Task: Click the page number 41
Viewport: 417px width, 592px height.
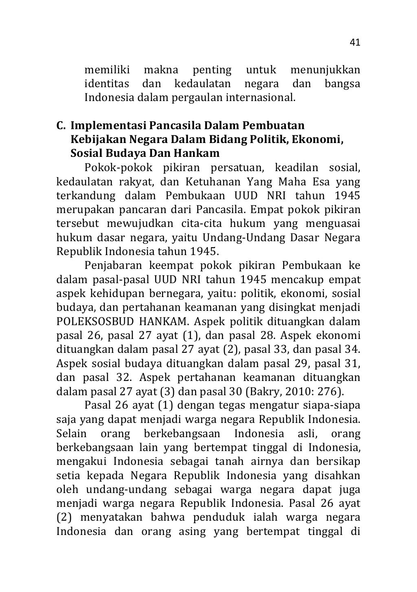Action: pyautogui.click(x=355, y=43)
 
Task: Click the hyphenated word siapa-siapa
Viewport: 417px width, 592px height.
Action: pyautogui.click(x=334, y=405)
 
